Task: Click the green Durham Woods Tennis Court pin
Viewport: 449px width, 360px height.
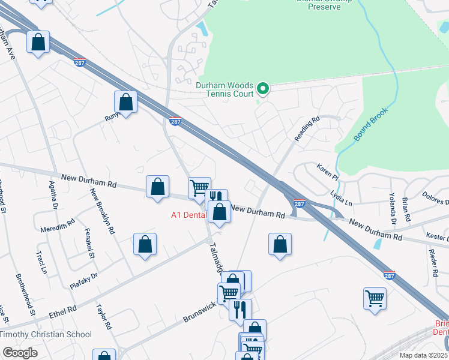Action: (x=262, y=89)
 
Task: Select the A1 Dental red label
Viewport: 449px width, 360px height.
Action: (x=188, y=215)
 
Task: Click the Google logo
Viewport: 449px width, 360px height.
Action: (x=20, y=352)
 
